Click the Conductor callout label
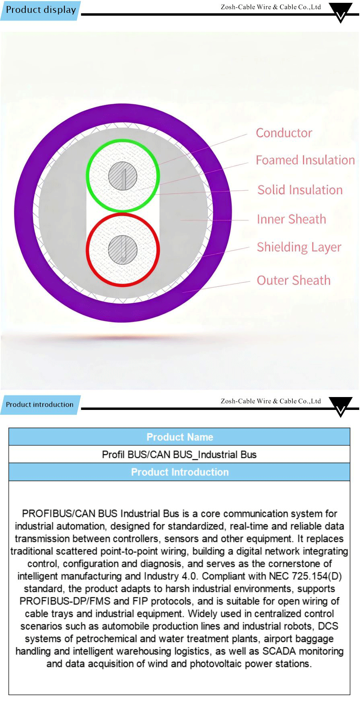(284, 133)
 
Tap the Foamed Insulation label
(305, 160)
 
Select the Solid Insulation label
(300, 190)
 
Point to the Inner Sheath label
(292, 219)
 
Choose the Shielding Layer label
(299, 247)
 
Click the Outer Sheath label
(294, 280)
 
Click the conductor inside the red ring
(123, 250)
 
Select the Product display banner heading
(41, 10)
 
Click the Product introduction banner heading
(40, 405)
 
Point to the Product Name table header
(179, 437)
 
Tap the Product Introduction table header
(179, 472)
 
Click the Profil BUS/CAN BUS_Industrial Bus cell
(179, 455)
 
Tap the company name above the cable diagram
(271, 7)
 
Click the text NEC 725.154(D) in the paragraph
(305, 576)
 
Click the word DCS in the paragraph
(328, 626)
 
